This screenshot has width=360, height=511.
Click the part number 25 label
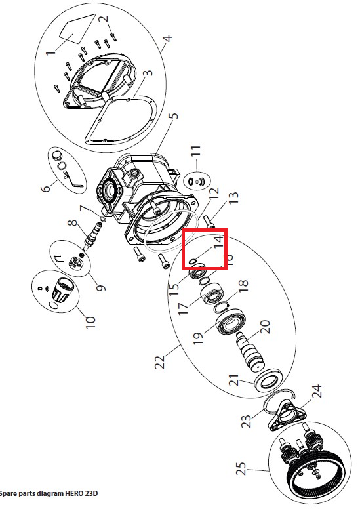click(x=241, y=469)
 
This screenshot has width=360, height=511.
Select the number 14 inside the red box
click(x=218, y=241)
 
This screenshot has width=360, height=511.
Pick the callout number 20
click(x=265, y=327)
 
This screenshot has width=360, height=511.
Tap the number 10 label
click(x=90, y=322)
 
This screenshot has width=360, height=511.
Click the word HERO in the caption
click(x=74, y=493)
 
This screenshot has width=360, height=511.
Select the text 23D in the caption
click(x=91, y=493)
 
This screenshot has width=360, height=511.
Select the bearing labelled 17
click(x=212, y=294)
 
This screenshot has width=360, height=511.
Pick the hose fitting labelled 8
click(x=92, y=234)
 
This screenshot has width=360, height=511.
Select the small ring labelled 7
click(x=102, y=218)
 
